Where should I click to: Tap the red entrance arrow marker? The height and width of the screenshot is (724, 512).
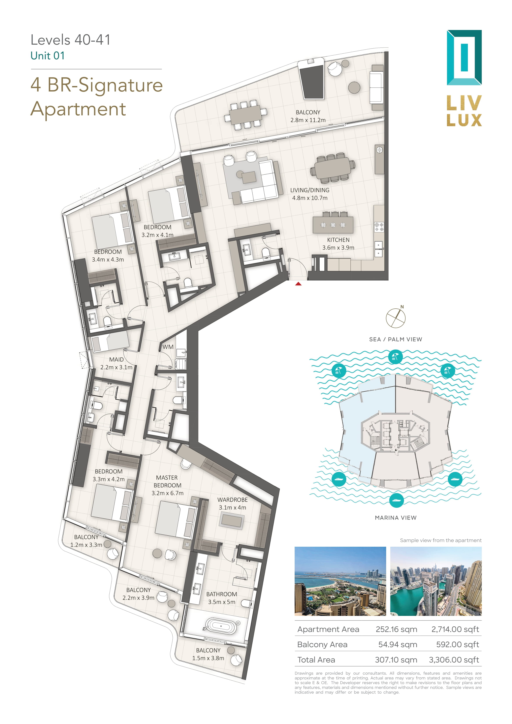click(x=298, y=284)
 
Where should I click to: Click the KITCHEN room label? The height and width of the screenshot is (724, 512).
click(x=338, y=240)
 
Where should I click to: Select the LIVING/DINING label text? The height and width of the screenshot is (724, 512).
click(x=310, y=190)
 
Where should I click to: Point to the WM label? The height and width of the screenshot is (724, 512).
click(x=168, y=347)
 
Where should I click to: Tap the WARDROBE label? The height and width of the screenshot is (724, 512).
click(x=232, y=500)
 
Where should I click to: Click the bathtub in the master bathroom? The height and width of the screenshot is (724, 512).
click(x=221, y=626)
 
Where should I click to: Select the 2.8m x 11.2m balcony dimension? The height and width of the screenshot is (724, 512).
click(x=308, y=120)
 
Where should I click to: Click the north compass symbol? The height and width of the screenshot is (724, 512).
click(x=396, y=317)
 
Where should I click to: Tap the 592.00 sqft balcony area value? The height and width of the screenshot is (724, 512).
click(x=457, y=645)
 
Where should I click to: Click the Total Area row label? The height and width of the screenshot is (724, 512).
click(x=316, y=660)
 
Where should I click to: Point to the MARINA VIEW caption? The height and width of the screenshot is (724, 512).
click(x=396, y=518)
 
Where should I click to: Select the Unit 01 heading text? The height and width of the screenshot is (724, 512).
click(x=48, y=56)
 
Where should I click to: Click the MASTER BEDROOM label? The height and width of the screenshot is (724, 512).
click(x=167, y=481)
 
